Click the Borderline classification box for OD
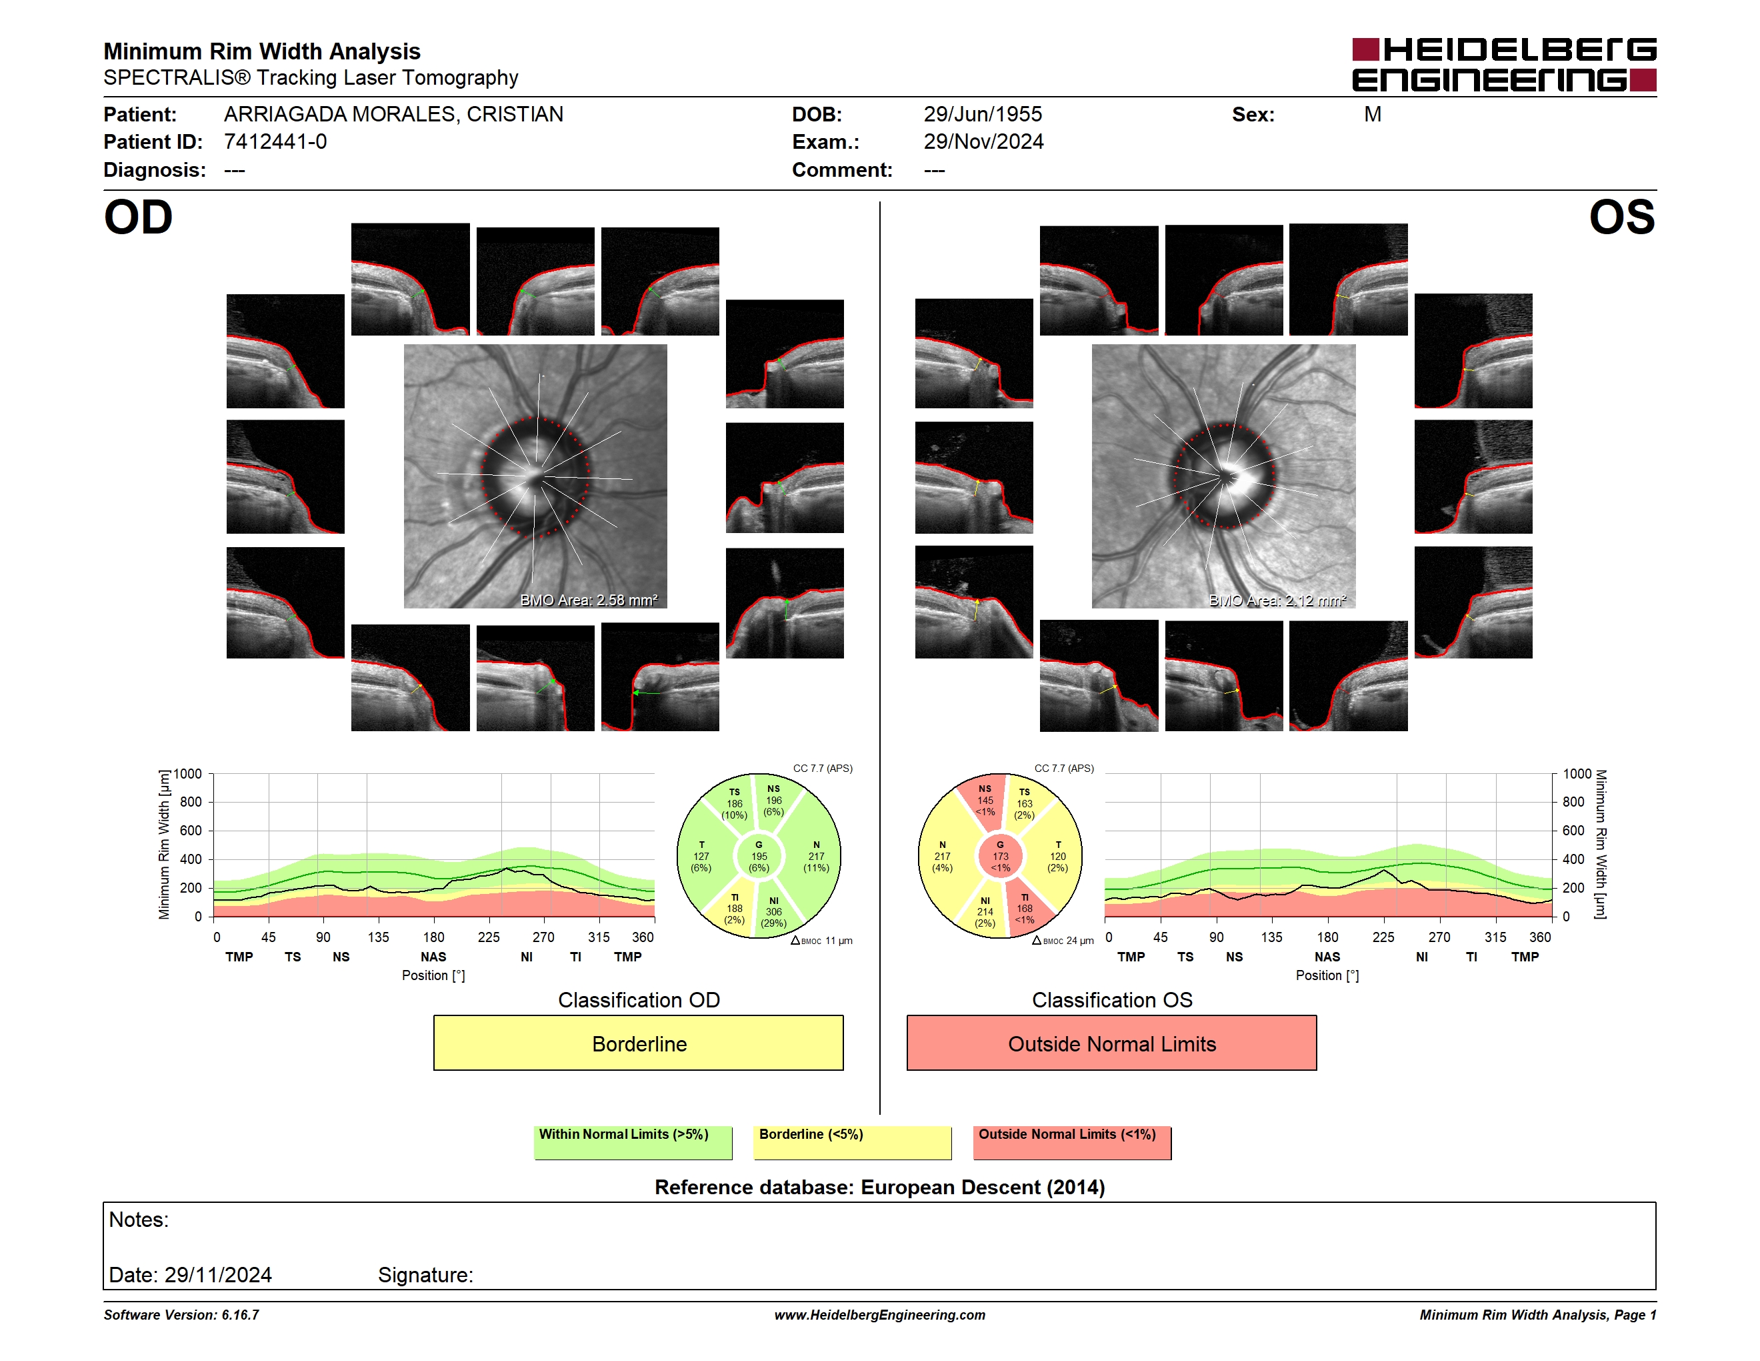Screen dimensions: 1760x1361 tap(638, 1043)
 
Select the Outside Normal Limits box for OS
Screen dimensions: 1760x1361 tap(1111, 1043)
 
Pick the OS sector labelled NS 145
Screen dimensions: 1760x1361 tap(984, 800)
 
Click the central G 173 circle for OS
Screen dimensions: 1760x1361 tap(1000, 856)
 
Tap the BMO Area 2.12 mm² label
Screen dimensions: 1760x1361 tap(1277, 600)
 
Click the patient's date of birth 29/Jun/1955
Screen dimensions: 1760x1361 tap(983, 115)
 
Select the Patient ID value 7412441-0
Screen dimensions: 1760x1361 tap(275, 142)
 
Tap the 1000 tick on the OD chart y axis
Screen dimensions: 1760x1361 tap(188, 774)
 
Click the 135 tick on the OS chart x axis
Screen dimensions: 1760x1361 tap(1271, 937)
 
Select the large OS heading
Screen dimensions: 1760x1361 tap(1621, 217)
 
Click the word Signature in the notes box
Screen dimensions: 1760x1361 tap(425, 1275)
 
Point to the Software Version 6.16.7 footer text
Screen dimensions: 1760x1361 tap(181, 1315)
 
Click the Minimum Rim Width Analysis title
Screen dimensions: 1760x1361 tap(262, 51)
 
